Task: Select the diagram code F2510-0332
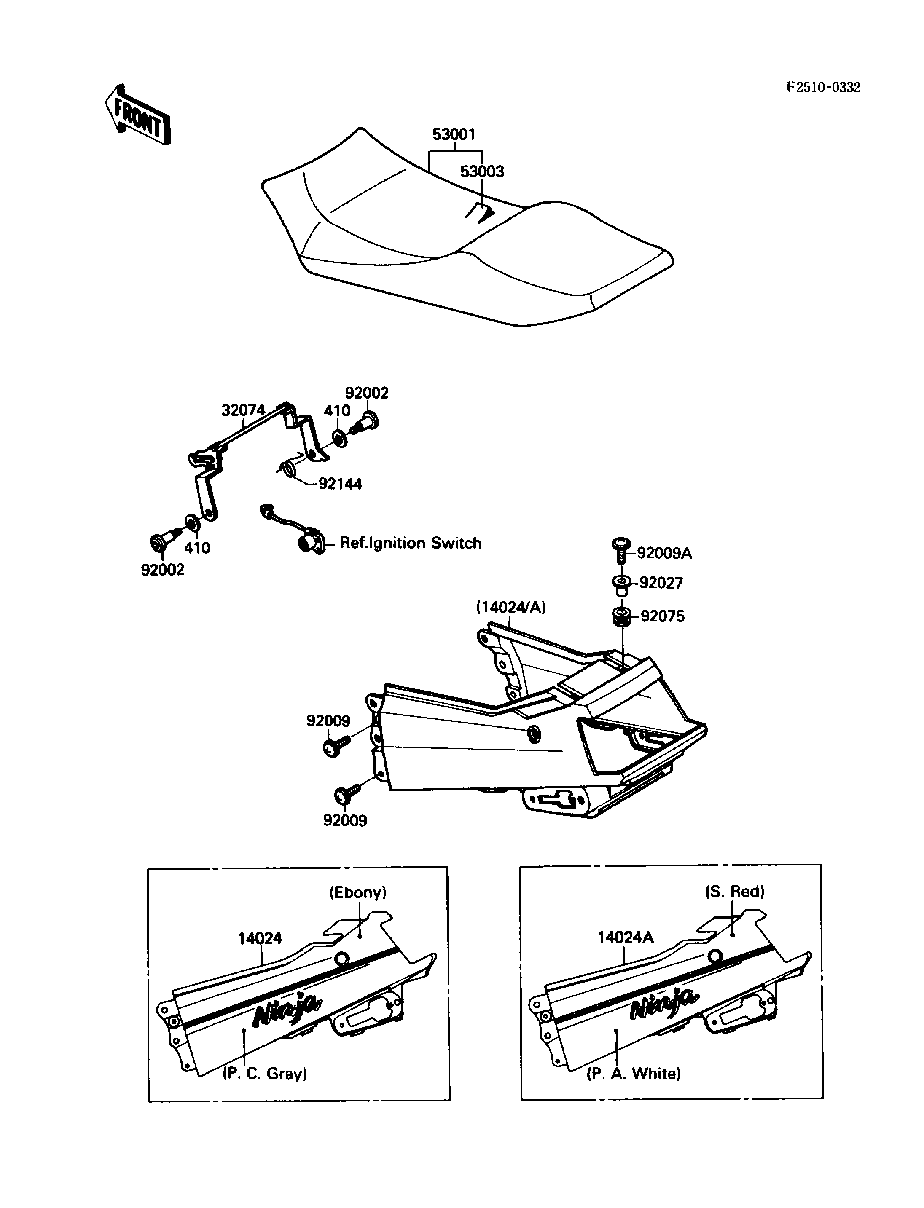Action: point(823,87)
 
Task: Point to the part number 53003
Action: point(482,171)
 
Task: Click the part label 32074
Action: point(243,410)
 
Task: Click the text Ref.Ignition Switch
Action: point(410,543)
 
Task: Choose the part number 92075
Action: point(662,616)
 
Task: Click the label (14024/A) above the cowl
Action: point(511,607)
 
